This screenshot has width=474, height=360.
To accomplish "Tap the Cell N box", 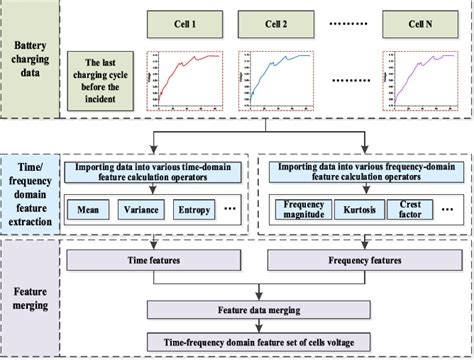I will (x=417, y=21).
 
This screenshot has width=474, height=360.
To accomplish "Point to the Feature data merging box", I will (x=259, y=313).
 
